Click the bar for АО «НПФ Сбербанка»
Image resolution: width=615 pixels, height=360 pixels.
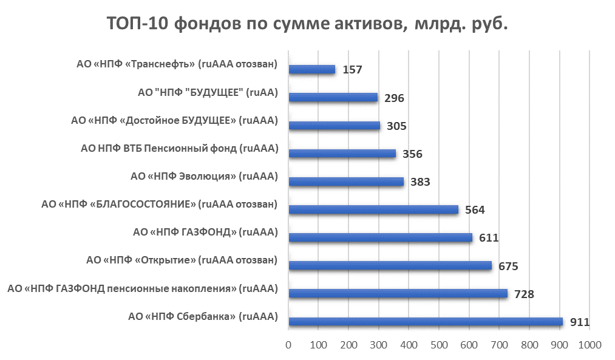[x=425, y=322]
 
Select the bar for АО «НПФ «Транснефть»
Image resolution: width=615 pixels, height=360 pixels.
[x=312, y=70]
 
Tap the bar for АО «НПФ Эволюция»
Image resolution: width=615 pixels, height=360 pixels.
[x=346, y=182]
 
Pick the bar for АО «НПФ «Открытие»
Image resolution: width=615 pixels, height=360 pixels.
[x=390, y=265]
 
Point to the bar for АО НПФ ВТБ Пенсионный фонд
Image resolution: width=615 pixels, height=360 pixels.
[x=342, y=154]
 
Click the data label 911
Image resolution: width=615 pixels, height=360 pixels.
[x=579, y=322]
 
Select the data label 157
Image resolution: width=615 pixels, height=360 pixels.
[x=352, y=70]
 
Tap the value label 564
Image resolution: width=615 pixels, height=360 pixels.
[x=475, y=210]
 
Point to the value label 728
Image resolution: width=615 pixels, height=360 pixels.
[x=523, y=294]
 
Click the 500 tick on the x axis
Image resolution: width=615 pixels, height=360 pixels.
[x=439, y=345]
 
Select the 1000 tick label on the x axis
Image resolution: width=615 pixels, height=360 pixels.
[x=589, y=345]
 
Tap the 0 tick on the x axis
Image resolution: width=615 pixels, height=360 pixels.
[x=288, y=345]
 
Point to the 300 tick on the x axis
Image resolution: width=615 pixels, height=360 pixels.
[x=379, y=345]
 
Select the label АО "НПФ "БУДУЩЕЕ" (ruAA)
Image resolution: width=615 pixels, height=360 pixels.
[x=208, y=92]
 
